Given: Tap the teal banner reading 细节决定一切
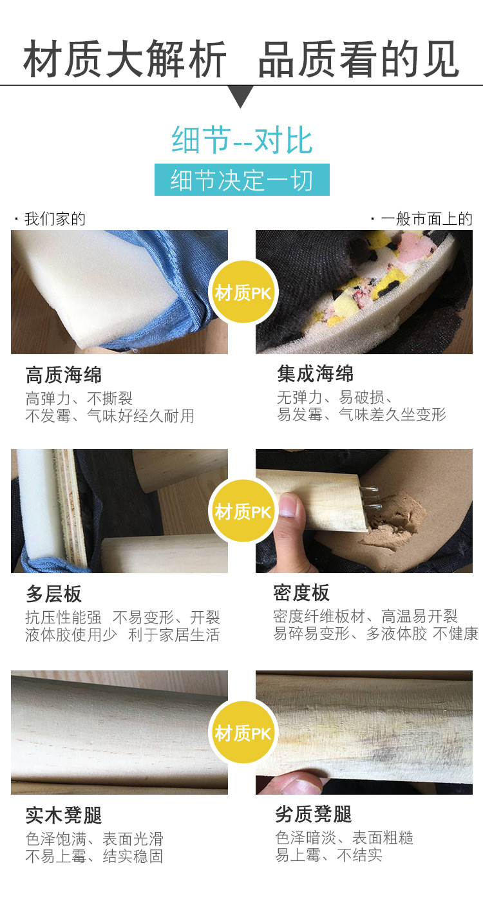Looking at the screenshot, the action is (241, 180).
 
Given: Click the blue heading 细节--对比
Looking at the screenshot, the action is (242, 140).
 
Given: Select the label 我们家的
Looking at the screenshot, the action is (55, 219).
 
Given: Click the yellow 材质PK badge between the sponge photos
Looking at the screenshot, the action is (243, 292).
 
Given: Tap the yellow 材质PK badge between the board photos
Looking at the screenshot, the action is (243, 511).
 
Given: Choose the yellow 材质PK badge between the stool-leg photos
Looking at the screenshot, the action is (243, 732).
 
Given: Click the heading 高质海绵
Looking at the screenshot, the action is (64, 375).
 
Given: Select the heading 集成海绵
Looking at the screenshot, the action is (315, 374).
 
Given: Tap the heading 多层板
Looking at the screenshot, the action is (53, 594).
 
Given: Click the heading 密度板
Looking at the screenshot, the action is (301, 592).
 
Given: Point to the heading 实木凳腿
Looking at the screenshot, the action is (64, 815).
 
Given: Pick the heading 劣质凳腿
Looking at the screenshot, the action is (314, 814).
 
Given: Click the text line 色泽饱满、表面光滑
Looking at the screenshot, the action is (95, 838).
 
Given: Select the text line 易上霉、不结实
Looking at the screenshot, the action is (328, 855).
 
